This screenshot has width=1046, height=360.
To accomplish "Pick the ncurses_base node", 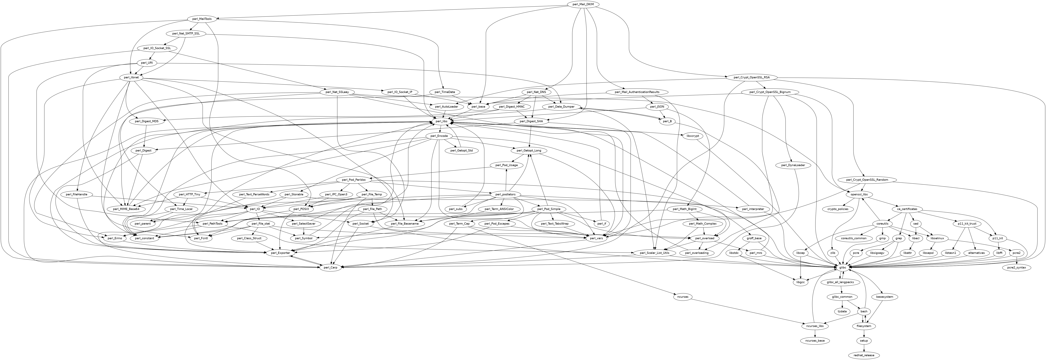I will pos(812,340).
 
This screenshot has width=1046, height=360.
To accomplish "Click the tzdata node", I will pos(843,311).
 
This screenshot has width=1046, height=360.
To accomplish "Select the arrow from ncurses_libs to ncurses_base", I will pos(812,333).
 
